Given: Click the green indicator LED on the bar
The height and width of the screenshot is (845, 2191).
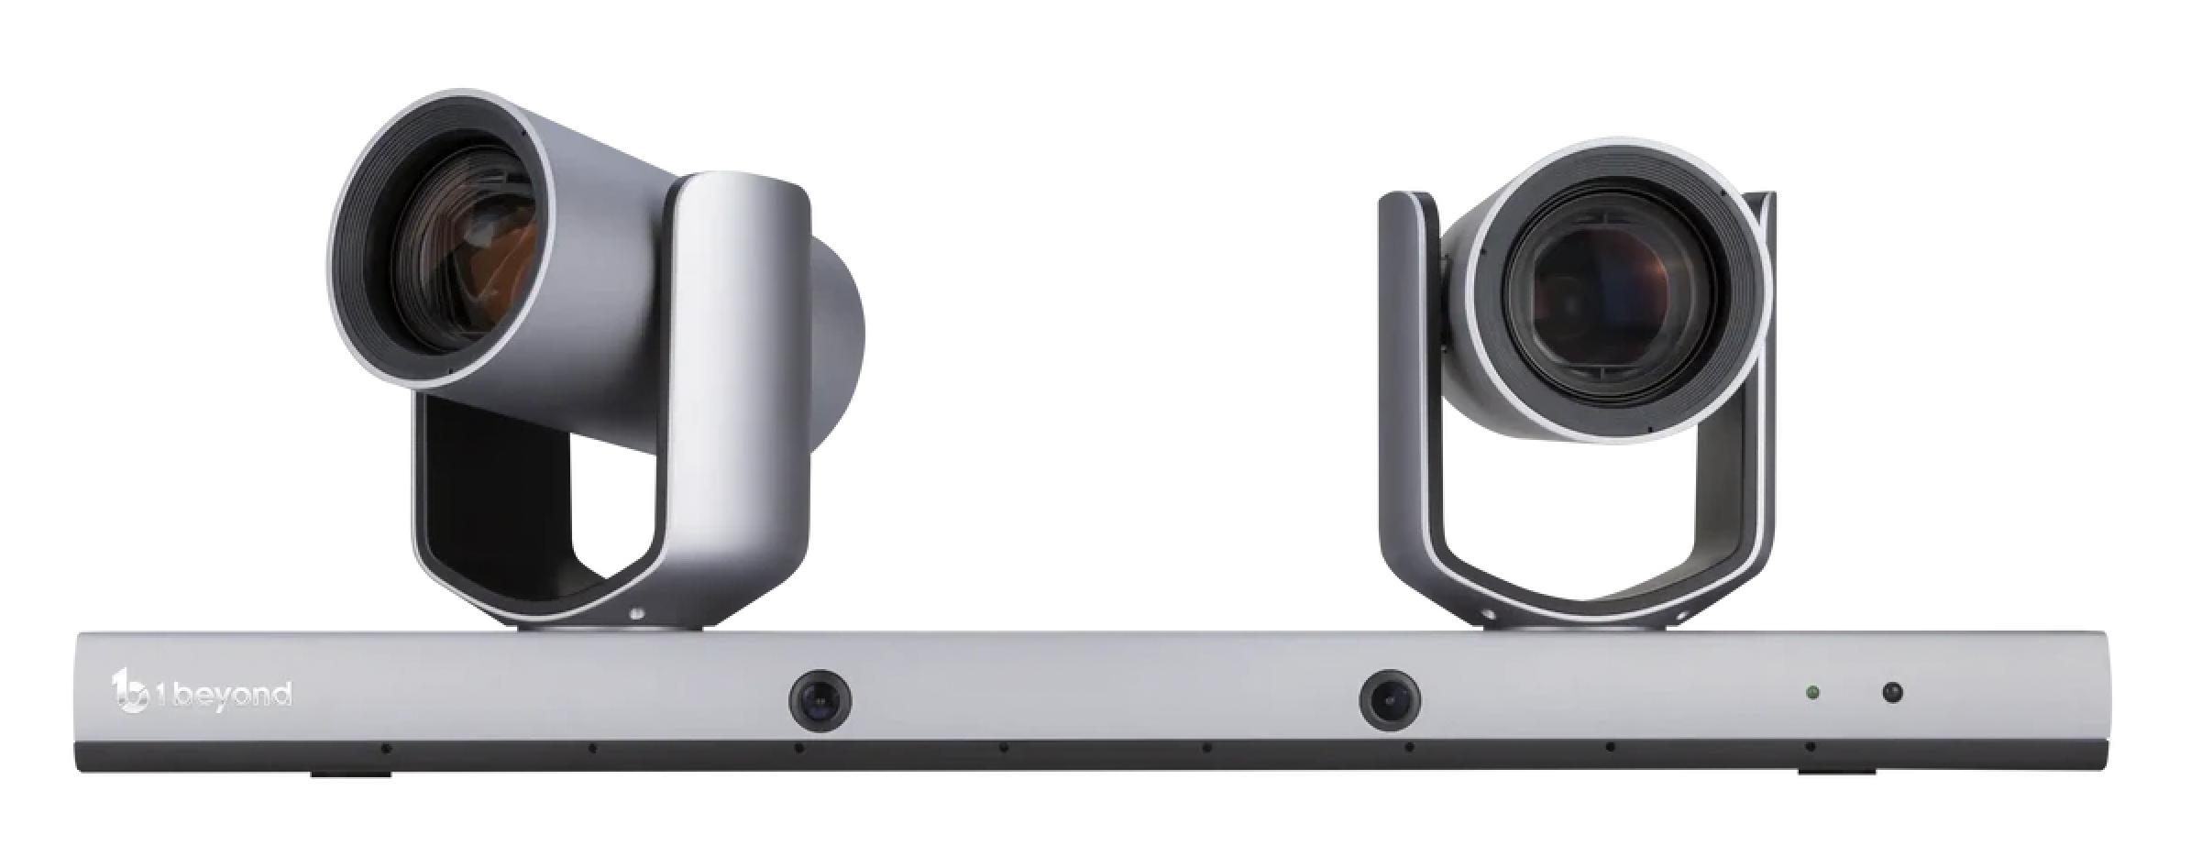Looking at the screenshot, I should (1812, 693).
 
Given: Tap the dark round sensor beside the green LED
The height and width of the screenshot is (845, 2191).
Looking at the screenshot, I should (1892, 693).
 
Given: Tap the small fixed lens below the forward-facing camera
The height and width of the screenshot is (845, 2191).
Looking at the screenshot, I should (1390, 700).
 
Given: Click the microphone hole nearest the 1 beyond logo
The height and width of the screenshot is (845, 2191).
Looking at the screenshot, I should (386, 749).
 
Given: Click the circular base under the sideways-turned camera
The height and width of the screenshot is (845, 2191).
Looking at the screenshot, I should (612, 626).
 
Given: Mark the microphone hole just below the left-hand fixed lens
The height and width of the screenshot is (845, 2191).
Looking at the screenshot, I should (798, 749).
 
